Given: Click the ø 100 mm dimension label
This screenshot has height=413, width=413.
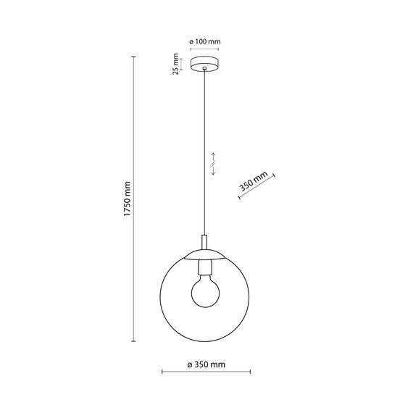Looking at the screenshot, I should coord(206,41).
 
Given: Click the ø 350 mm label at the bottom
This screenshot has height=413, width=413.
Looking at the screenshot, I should coord(206,364).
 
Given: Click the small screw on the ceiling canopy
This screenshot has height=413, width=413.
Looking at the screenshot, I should coord(206,70).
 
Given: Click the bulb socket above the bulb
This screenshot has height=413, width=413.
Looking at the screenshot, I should coord(206,270).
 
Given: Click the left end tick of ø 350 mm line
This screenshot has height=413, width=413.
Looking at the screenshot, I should coord(161,373).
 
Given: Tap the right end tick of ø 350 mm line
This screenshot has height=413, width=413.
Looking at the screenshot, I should coord(251,373).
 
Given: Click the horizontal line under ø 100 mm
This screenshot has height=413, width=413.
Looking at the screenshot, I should coord(206,49).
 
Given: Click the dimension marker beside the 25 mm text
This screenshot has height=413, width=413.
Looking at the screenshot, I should coord(183,64).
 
